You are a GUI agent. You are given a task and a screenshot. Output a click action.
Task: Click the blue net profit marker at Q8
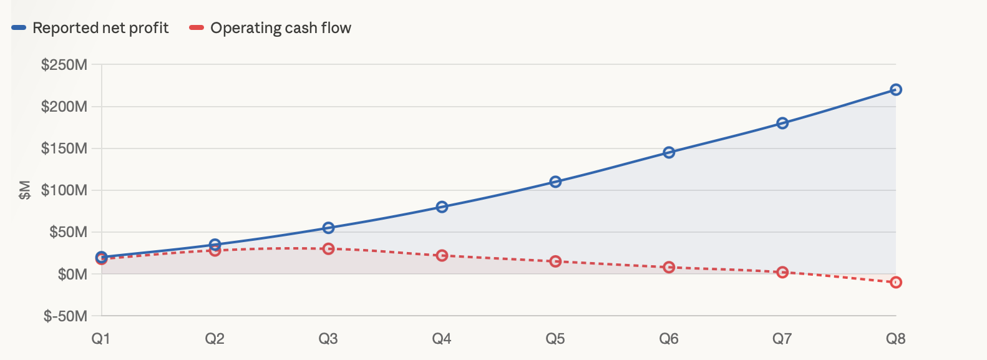click(x=896, y=90)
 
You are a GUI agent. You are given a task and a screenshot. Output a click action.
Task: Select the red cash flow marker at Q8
click(x=896, y=283)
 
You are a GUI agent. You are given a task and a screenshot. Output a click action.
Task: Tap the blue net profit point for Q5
click(x=556, y=182)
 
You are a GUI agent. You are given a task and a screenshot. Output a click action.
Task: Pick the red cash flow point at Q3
click(x=328, y=249)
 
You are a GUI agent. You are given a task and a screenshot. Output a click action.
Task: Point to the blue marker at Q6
click(x=669, y=152)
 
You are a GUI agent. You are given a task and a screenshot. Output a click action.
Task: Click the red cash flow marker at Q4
click(x=442, y=256)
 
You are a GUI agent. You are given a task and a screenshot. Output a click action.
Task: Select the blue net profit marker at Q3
click(x=328, y=228)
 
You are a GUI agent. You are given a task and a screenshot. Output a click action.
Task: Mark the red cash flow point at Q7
click(x=782, y=272)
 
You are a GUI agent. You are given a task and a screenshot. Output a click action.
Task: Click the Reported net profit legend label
click(x=100, y=27)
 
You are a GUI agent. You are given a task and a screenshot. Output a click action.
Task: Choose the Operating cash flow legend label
click(x=281, y=27)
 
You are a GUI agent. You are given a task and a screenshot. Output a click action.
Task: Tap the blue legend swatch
click(x=19, y=27)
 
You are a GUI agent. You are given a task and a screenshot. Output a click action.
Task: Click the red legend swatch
click(x=197, y=27)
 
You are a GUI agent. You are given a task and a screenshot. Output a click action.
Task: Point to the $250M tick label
click(x=64, y=65)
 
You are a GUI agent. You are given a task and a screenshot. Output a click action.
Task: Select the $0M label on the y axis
click(x=73, y=274)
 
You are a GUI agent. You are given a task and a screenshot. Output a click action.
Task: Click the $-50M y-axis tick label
click(x=66, y=316)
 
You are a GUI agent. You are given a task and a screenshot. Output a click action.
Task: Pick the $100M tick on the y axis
click(x=64, y=190)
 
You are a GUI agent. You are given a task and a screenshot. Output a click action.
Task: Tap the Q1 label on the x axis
click(x=101, y=338)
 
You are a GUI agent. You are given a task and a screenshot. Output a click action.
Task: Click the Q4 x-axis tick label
click(x=442, y=338)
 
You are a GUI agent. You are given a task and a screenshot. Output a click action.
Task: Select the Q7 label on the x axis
click(x=782, y=338)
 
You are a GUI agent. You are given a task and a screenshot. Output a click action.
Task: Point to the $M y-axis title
click(x=25, y=190)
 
